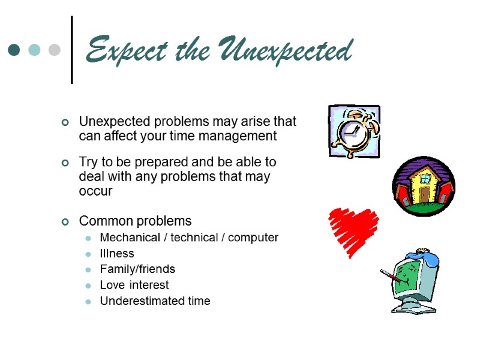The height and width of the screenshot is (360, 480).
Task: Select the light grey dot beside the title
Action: tap(54, 50)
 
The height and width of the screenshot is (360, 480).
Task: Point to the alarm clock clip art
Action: tap(354, 131)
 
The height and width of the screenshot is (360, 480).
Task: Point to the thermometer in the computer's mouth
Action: tap(391, 278)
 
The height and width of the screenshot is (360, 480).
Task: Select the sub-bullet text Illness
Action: tap(117, 254)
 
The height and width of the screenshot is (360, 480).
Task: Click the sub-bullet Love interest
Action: tap(134, 285)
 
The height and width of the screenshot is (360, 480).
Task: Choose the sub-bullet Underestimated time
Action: tap(155, 301)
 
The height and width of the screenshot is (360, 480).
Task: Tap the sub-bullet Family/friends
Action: tap(137, 269)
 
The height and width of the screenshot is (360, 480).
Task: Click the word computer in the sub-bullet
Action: tap(252, 238)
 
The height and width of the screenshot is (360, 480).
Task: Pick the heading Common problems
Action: tap(135, 220)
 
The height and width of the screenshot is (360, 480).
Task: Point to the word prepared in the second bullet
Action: tap(161, 163)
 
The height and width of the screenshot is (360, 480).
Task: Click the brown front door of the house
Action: tap(425, 194)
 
